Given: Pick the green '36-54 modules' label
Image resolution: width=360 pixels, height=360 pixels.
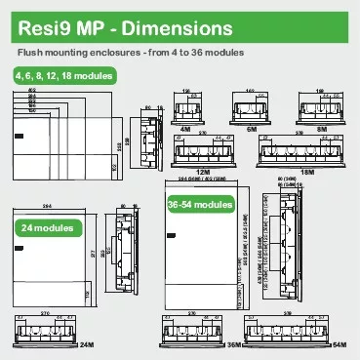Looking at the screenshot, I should pyautogui.click(x=199, y=205).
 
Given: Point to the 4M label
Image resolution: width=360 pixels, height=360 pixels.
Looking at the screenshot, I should pyautogui.click(x=185, y=128).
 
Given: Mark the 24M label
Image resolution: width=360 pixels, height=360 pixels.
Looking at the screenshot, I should pyautogui.click(x=85, y=345).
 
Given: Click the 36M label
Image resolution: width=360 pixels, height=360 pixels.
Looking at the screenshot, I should pyautogui.click(x=233, y=345).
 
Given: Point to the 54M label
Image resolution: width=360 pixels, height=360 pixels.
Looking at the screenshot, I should pyautogui.click(x=340, y=345).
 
